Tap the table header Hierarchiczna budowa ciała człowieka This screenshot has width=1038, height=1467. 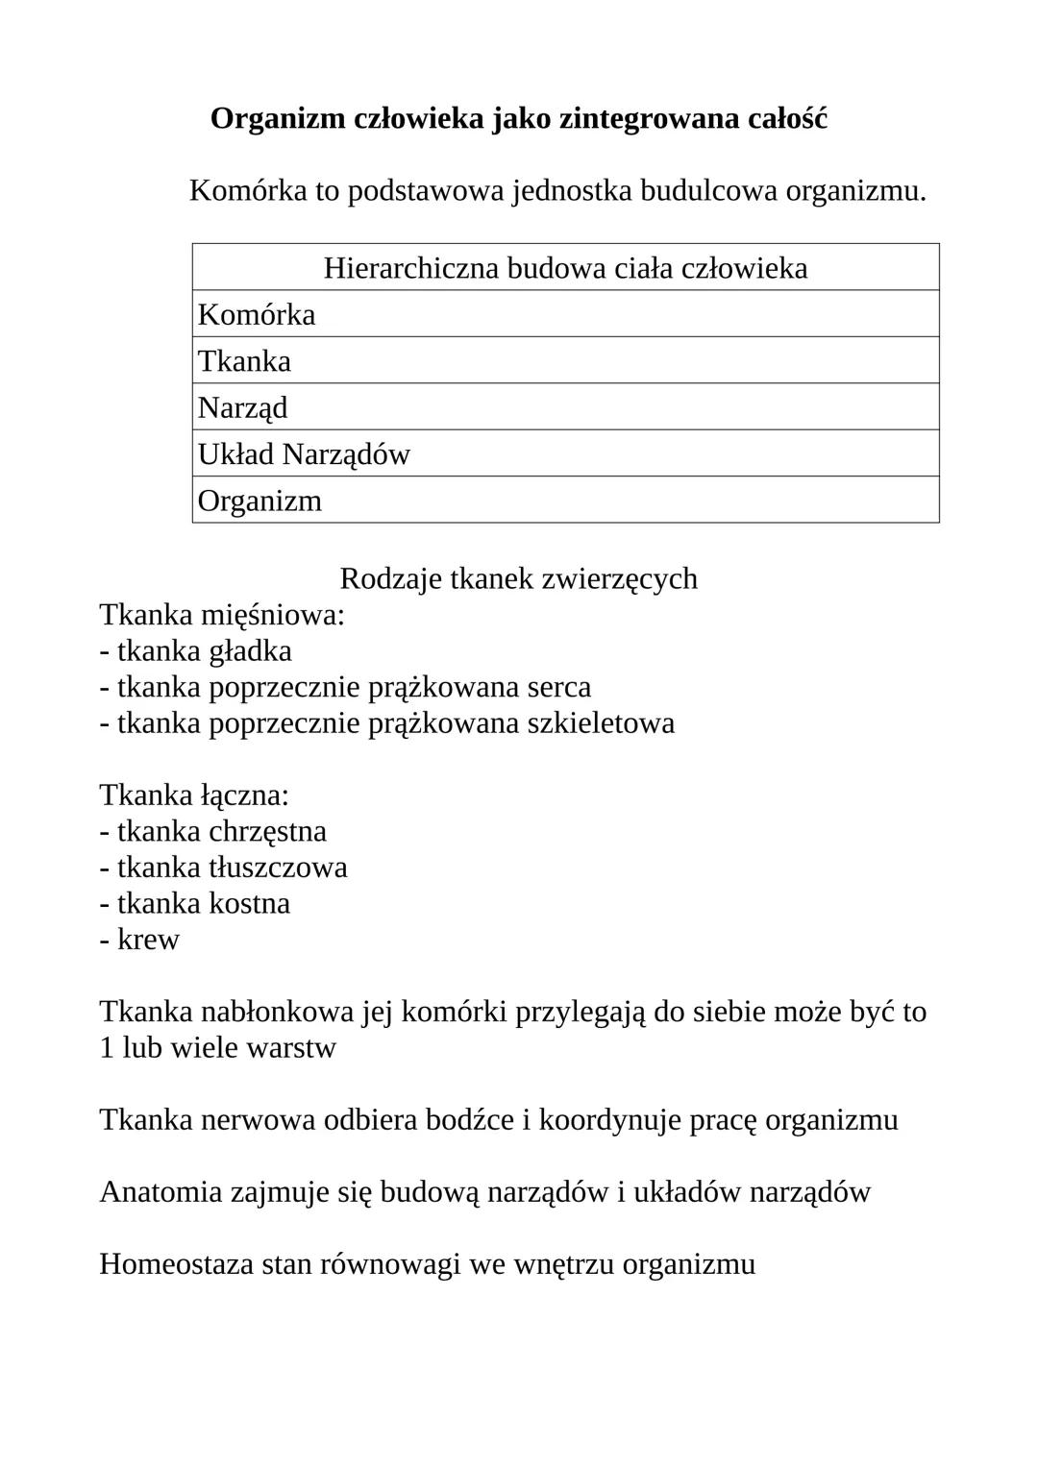[565, 267]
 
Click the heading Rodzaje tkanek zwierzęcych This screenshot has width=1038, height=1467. [518, 578]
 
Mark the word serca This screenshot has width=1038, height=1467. [558, 687]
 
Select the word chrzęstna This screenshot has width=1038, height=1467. [267, 830]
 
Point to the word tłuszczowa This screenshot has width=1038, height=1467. [278, 867]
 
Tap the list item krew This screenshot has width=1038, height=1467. [148, 939]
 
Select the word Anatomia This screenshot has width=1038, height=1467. [161, 1191]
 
